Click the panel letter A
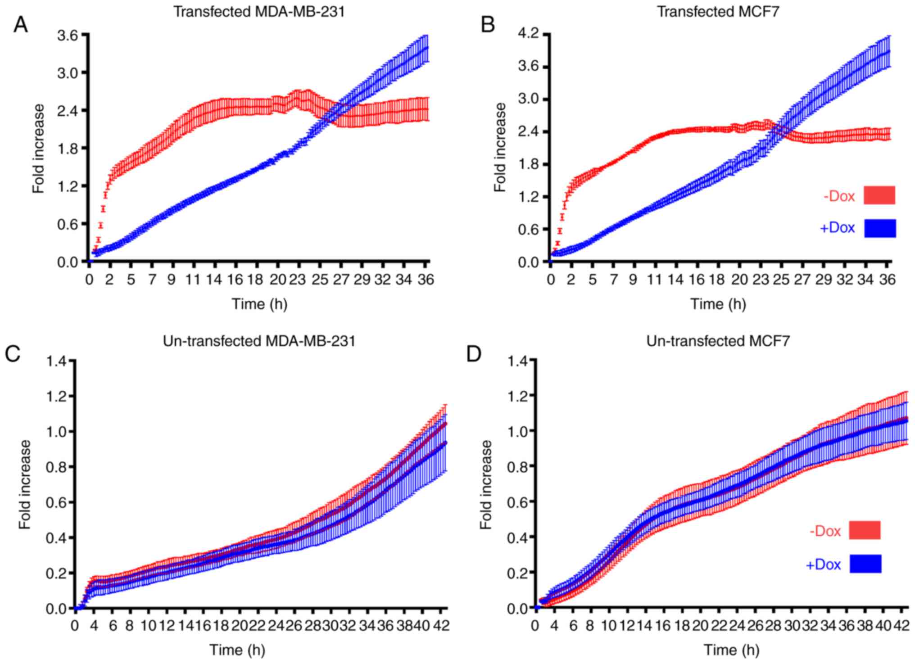point(20,24)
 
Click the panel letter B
point(488,24)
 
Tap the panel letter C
point(12,354)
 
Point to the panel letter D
point(474,354)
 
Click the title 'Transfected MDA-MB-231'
point(259,11)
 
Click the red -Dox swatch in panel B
point(879,195)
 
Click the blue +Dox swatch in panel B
point(879,228)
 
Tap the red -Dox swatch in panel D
point(865,530)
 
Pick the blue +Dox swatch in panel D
point(865,564)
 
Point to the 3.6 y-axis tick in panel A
point(67,35)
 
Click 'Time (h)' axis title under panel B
point(718,304)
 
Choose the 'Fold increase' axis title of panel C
point(25,484)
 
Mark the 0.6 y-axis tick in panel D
point(517,501)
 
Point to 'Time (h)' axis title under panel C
point(237,650)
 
